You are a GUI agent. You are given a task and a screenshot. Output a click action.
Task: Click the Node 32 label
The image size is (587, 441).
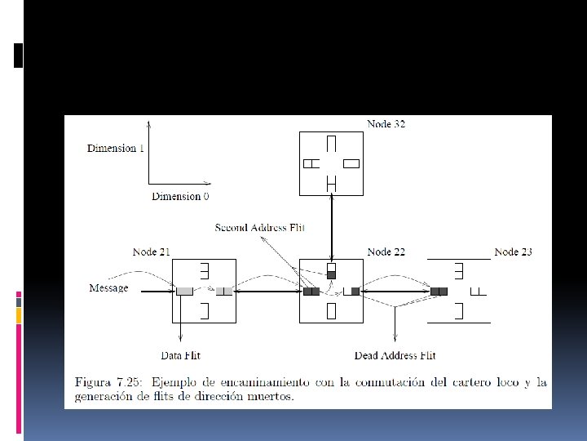click(x=386, y=124)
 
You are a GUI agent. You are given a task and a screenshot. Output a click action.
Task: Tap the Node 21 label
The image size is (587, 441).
click(x=151, y=252)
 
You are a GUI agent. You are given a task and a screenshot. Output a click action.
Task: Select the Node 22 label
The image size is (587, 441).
click(x=386, y=252)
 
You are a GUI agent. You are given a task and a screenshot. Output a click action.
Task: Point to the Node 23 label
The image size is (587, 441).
click(x=513, y=252)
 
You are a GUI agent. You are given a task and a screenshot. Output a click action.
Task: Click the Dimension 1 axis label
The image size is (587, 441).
click(x=115, y=148)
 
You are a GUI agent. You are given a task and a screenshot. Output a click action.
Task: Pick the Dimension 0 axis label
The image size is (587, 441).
click(x=180, y=196)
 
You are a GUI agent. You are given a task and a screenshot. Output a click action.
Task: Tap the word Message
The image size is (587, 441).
click(x=108, y=288)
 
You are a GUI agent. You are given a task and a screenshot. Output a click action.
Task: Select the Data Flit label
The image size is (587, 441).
click(x=181, y=355)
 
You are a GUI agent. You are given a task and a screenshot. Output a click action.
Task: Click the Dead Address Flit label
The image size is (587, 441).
click(x=395, y=355)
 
